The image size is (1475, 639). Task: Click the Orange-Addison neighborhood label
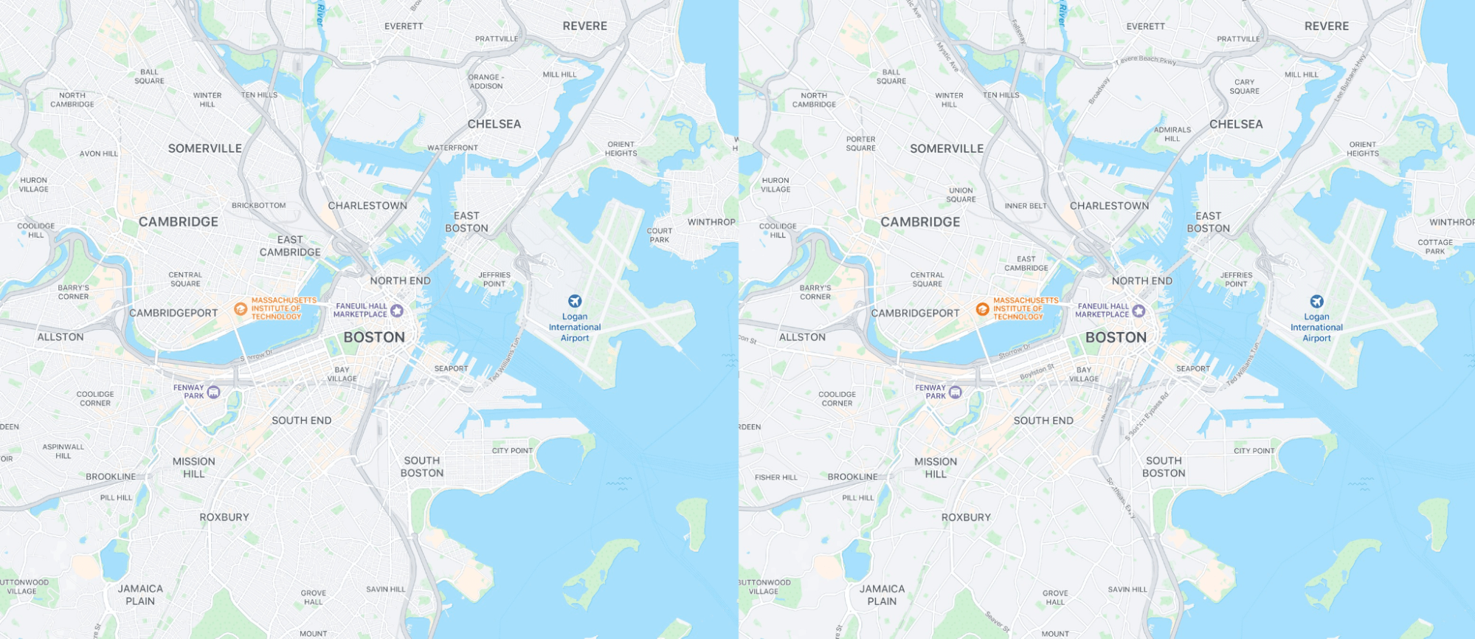[x=486, y=81]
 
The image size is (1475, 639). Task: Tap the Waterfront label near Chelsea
[x=452, y=148]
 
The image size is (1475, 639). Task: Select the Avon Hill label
[x=99, y=153]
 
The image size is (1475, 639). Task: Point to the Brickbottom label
[x=258, y=206]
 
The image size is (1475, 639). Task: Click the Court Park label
[x=659, y=235]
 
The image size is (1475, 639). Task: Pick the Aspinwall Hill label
[x=63, y=451]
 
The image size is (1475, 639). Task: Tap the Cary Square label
[x=1244, y=86]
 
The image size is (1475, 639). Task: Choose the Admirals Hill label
[x=1172, y=134]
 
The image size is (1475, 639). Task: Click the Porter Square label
[x=860, y=143]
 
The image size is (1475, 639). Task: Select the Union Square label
[x=961, y=195]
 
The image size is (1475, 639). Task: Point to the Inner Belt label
[x=1025, y=206]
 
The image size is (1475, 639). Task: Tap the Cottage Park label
[x=1434, y=246]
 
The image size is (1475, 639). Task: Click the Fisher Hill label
[x=776, y=477]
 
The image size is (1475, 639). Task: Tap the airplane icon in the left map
[x=575, y=301]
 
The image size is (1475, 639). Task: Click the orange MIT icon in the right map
[x=982, y=309]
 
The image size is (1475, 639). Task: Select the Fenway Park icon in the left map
[x=213, y=392]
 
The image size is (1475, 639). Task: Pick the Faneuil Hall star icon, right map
[x=1139, y=311]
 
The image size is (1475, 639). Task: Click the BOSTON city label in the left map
[x=374, y=337]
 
